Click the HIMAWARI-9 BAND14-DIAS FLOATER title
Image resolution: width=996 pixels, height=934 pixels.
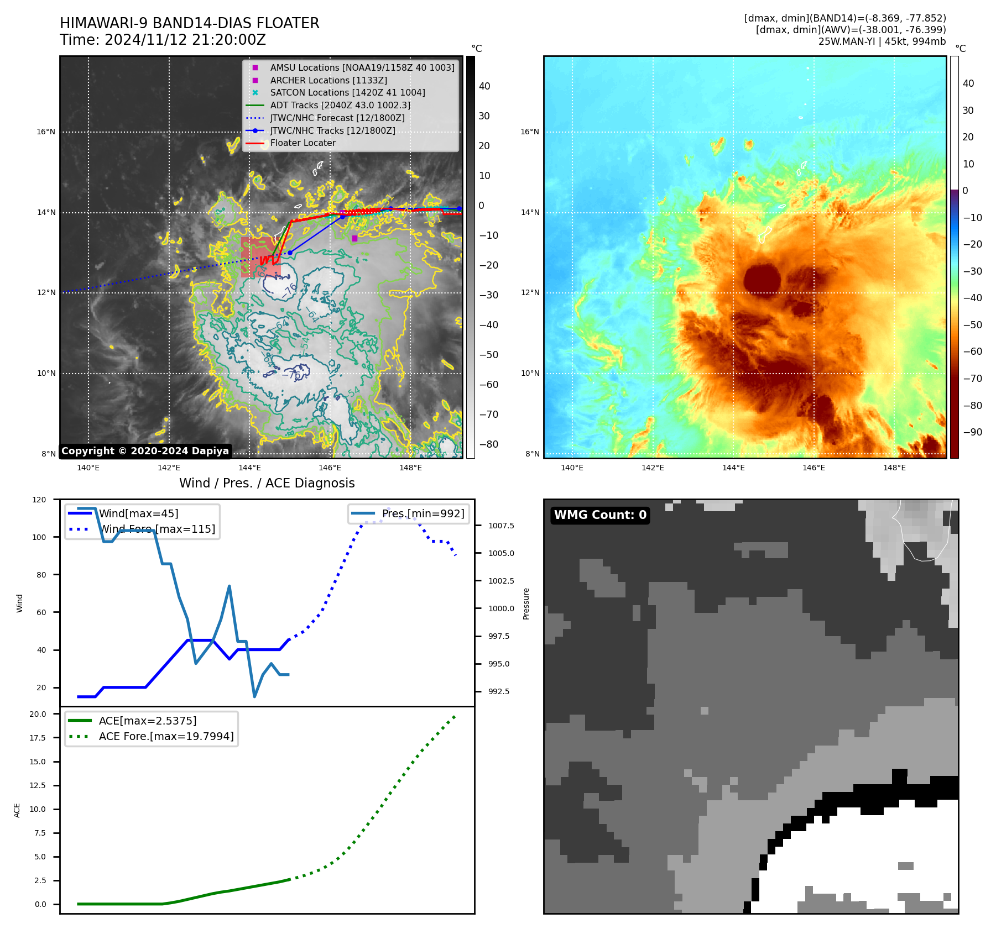(x=189, y=23)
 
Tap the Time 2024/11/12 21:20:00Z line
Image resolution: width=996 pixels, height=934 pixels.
(x=163, y=40)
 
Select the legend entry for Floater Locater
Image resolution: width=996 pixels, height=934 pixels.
(x=303, y=143)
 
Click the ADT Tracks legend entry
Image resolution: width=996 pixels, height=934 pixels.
(x=340, y=105)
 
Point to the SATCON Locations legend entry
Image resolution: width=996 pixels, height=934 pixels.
(x=347, y=92)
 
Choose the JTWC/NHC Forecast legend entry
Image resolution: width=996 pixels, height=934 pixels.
(x=337, y=118)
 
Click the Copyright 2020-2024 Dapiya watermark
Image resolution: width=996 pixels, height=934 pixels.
(x=145, y=451)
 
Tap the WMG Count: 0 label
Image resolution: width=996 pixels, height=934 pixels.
(x=600, y=515)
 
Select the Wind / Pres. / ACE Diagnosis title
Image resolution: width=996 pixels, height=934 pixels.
(x=267, y=483)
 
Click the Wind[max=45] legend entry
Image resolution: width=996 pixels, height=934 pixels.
(x=138, y=513)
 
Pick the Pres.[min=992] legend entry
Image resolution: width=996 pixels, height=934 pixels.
(x=423, y=513)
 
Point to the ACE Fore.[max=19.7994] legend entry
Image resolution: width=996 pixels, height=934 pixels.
(x=166, y=736)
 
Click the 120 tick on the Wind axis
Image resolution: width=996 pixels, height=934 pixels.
(x=39, y=500)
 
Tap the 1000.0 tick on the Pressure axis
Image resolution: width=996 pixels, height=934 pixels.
(x=501, y=608)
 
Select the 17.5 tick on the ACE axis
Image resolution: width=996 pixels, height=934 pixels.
(x=38, y=738)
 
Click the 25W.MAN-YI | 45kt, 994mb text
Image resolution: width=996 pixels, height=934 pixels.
(x=882, y=41)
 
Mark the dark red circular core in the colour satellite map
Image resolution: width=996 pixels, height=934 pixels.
(x=762, y=279)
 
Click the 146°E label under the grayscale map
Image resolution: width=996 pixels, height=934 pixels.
(x=330, y=468)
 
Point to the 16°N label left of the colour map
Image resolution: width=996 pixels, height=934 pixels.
(x=529, y=132)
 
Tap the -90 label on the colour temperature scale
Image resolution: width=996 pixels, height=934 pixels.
(x=972, y=432)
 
